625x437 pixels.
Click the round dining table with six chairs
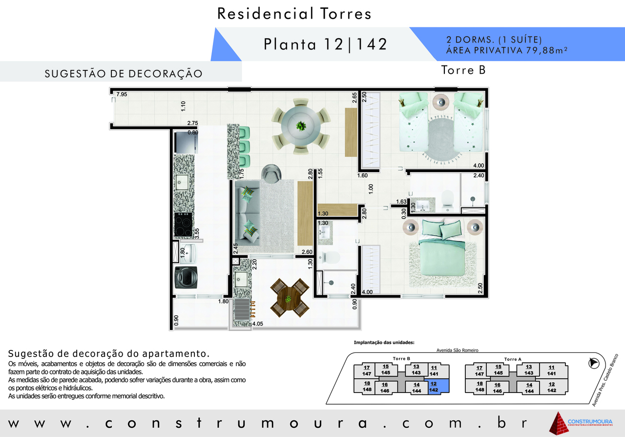point(301,126)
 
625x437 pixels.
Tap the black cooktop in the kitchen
point(183,225)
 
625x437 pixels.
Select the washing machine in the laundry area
point(186,278)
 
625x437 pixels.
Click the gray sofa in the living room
point(247,214)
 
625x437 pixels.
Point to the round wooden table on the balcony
point(290,298)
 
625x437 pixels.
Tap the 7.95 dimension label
point(122,94)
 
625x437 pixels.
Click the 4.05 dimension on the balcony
point(257,324)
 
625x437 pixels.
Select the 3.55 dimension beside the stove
point(197,233)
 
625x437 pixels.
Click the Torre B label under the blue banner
point(463,70)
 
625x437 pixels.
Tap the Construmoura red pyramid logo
point(559,423)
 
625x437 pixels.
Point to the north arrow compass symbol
point(594,363)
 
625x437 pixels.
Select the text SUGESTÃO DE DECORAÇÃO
point(124,74)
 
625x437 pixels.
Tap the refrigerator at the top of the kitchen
point(186,143)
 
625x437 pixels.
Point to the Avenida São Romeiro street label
point(458,350)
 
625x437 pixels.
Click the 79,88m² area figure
point(546,50)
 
